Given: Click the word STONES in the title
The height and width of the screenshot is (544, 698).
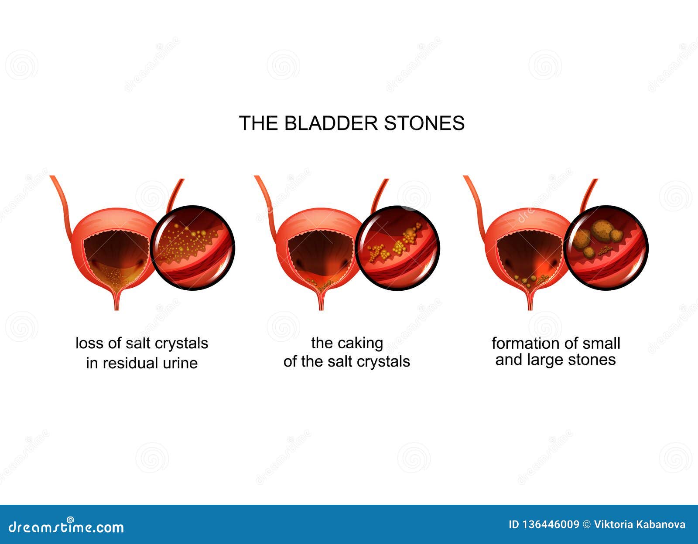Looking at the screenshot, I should (424, 123).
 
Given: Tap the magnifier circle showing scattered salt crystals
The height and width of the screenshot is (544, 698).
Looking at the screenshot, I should (192, 247).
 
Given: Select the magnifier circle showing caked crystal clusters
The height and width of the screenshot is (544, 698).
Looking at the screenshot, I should (397, 247).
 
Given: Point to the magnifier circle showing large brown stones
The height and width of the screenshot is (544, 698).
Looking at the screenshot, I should (606, 247).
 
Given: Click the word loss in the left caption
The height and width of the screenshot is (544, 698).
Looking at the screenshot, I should (90, 343).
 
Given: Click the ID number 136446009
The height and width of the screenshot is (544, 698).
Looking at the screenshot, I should (550, 525).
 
